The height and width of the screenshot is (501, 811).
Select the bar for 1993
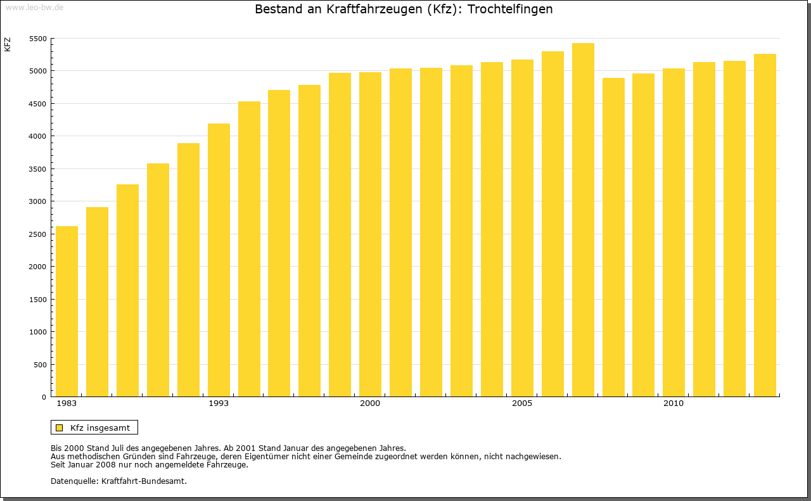[219, 260]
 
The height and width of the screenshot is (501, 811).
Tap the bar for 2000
[370, 234]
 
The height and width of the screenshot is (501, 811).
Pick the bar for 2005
[522, 228]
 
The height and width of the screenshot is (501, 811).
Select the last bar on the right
[765, 225]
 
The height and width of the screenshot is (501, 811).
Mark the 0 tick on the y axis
[44, 397]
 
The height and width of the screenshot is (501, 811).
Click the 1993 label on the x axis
[219, 403]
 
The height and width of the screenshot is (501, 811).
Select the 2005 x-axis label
[522, 403]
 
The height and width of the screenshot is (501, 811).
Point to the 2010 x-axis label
[674, 403]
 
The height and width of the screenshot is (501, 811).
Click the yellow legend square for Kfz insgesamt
[60, 428]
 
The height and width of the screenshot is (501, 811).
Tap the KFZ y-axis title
[8, 44]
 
